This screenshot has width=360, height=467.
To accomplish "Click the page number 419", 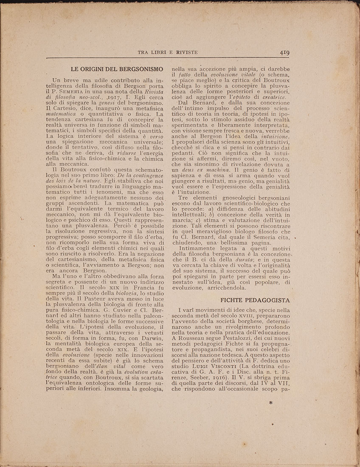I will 284,53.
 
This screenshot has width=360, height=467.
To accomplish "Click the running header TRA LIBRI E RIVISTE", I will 167,53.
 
